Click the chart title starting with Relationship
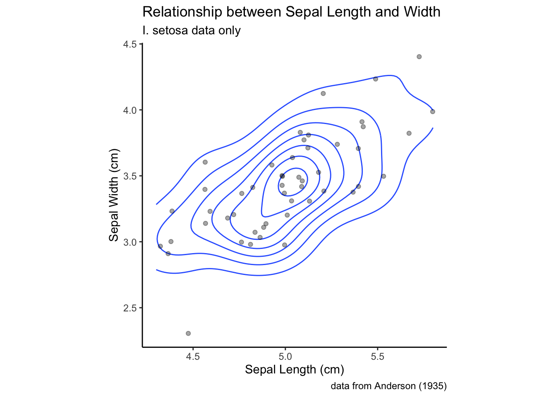(291, 12)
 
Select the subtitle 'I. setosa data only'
(192, 31)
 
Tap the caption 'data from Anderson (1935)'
(388, 386)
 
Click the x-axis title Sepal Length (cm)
(295, 369)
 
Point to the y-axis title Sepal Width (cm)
(114, 195)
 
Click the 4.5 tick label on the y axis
(130, 44)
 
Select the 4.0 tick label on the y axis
(130, 110)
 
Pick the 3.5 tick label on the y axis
(130, 176)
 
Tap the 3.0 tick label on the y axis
(130, 242)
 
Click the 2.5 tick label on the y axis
(130, 308)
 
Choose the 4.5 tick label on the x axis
(193, 356)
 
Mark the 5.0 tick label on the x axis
(285, 356)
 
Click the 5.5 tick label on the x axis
(377, 356)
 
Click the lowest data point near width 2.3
(188, 333)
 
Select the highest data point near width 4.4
(419, 57)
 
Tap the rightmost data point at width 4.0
(433, 112)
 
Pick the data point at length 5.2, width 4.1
(323, 93)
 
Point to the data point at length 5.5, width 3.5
(383, 176)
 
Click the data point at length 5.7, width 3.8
(409, 133)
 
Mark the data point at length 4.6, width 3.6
(205, 162)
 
